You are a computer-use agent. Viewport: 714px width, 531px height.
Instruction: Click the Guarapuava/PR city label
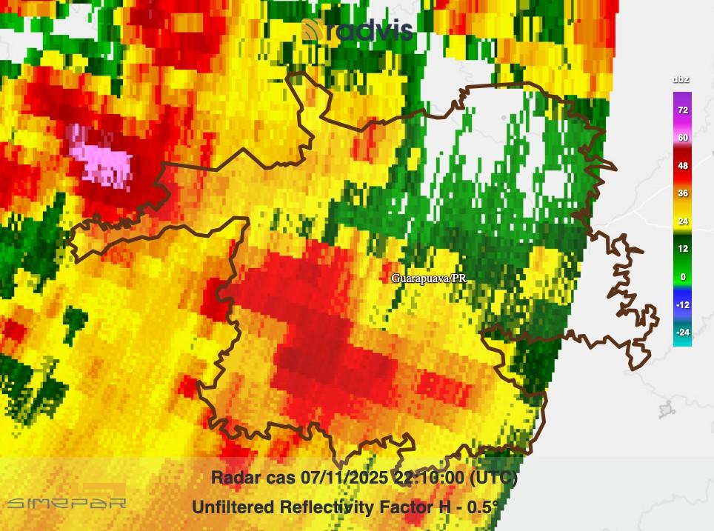click(x=429, y=278)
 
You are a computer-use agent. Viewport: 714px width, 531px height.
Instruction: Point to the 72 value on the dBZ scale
click(x=682, y=110)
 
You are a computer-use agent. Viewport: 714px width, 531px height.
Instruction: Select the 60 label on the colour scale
click(x=682, y=138)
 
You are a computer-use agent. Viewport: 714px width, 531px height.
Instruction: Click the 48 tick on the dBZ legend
click(x=682, y=166)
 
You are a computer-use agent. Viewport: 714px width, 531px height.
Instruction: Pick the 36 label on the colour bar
click(x=682, y=193)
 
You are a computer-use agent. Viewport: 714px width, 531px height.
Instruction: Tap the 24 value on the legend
click(x=682, y=221)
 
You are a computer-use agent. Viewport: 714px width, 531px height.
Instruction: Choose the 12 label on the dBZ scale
click(x=682, y=249)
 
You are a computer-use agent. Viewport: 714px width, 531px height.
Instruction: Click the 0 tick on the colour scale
click(x=682, y=277)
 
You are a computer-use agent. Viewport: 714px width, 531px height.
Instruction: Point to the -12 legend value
click(x=682, y=304)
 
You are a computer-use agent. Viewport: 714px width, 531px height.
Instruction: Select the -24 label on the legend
click(x=682, y=333)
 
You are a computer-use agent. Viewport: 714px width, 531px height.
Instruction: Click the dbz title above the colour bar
click(x=681, y=79)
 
